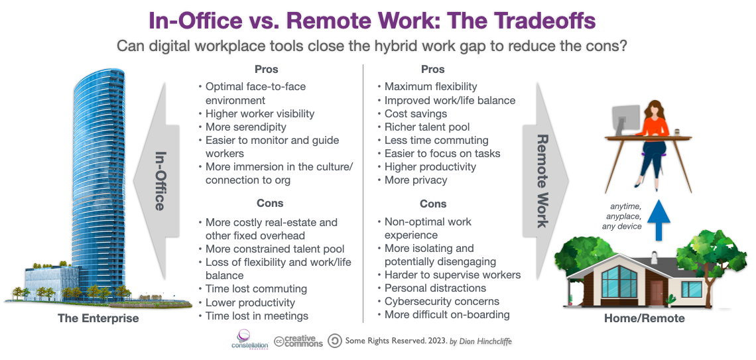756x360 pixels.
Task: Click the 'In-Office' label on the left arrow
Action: pyautogui.click(x=160, y=180)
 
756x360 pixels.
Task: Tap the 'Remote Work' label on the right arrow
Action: pyautogui.click(x=542, y=180)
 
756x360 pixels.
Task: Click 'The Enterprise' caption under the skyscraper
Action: pyautogui.click(x=98, y=318)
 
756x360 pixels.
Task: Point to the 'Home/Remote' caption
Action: pyautogui.click(x=644, y=318)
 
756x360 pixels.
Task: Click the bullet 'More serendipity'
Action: pyautogui.click(x=245, y=127)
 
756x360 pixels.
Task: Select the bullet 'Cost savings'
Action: pyautogui.click(x=416, y=113)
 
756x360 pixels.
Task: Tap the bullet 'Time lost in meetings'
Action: pyautogui.click(x=257, y=316)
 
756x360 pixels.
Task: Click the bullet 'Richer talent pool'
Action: pyautogui.click(x=427, y=127)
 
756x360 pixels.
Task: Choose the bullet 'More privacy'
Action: pyautogui.click(x=416, y=180)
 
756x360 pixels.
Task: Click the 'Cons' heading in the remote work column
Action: pyautogui.click(x=433, y=204)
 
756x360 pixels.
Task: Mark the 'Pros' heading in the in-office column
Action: pyautogui.click(x=266, y=69)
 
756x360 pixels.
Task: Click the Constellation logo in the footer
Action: pyautogui.click(x=249, y=340)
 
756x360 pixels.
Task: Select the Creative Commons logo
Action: pyautogui.click(x=298, y=341)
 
